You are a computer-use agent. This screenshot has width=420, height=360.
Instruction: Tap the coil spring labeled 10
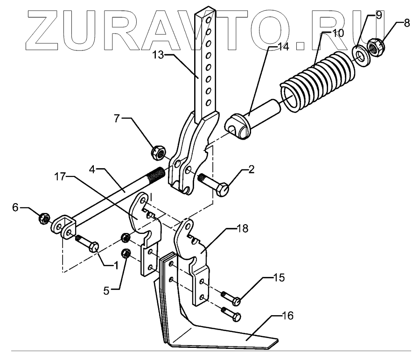317,79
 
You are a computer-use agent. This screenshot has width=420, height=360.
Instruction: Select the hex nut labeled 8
376,47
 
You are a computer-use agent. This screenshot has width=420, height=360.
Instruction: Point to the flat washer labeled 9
359,53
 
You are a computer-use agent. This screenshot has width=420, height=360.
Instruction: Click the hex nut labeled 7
157,152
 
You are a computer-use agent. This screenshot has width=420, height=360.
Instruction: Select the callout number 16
288,316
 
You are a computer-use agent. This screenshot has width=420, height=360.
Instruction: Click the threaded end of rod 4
156,176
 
